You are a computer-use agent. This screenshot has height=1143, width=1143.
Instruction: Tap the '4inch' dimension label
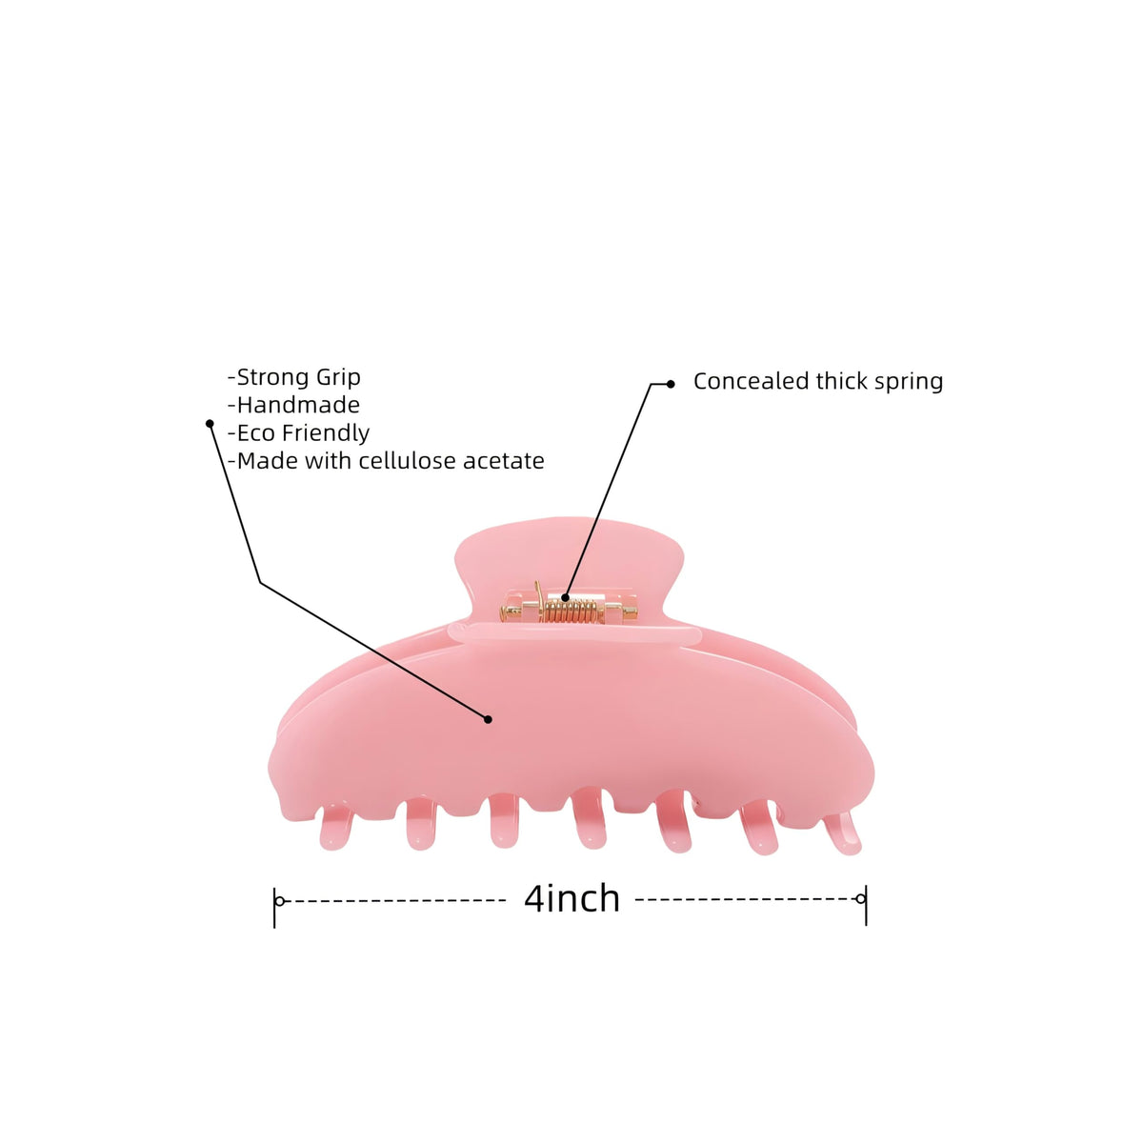click(571, 899)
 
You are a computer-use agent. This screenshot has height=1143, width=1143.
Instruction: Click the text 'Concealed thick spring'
click(818, 381)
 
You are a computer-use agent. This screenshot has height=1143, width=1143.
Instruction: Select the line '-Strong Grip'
click(294, 377)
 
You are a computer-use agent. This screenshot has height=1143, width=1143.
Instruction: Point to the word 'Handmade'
click(298, 405)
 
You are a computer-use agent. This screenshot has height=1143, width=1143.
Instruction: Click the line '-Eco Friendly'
click(298, 433)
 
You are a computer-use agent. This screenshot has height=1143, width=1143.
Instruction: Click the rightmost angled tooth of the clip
click(842, 832)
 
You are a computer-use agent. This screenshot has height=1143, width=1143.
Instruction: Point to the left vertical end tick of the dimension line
click(274, 908)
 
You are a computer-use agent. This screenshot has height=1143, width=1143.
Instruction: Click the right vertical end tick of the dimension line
click(866, 905)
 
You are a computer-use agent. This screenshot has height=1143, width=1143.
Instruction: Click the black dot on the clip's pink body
click(489, 719)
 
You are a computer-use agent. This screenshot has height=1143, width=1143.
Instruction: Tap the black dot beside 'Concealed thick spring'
click(671, 384)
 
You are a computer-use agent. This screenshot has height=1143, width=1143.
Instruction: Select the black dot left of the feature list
click(210, 424)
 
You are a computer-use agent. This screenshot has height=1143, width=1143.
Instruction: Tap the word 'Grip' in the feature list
click(338, 378)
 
